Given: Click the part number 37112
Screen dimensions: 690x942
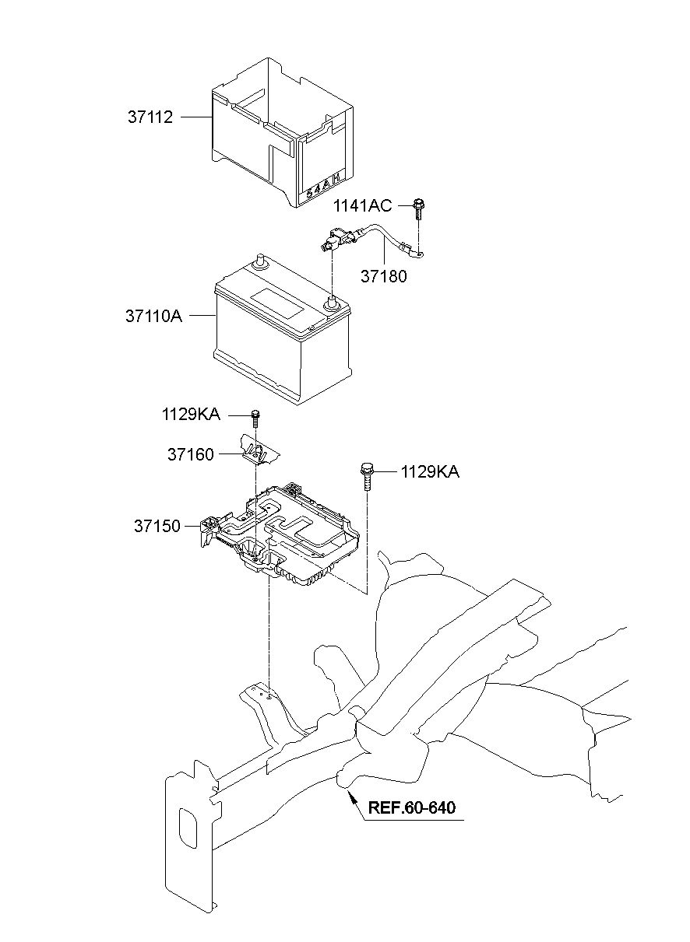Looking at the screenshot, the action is coord(150,117).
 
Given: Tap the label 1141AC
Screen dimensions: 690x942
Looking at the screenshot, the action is coord(362,205).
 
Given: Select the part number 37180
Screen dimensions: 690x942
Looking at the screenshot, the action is coord(383,276).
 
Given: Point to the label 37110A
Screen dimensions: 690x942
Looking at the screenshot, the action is coord(153,316).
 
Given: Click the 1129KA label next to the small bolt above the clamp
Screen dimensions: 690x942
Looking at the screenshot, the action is coord(191,415).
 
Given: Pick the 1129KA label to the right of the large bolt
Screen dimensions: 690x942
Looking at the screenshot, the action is coord(429,472).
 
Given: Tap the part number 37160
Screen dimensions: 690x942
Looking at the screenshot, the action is coord(191,454).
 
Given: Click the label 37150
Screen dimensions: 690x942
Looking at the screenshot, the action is coord(157,526).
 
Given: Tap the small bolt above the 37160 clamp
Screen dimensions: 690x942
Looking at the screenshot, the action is coord(255,418).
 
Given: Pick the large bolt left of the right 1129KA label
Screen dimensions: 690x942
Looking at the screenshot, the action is coord(366,477).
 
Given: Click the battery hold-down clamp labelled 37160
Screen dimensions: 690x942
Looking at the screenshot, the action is coord(259,451).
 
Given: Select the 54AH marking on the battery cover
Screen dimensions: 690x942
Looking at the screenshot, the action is coord(323,185).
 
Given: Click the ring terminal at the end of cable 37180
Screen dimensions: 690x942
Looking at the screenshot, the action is coord(419,253).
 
